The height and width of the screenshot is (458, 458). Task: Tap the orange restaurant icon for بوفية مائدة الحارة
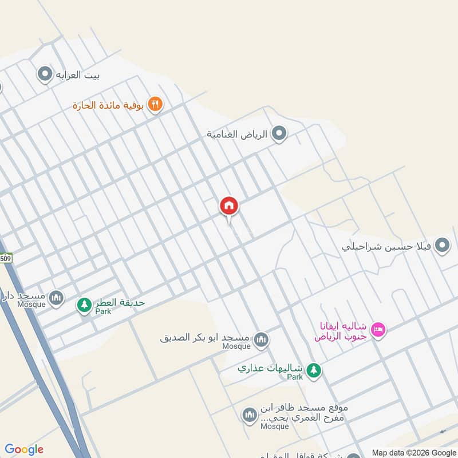[155, 105]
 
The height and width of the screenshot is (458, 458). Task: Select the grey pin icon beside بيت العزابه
[45, 74]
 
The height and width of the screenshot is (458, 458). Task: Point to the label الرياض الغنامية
[237, 135]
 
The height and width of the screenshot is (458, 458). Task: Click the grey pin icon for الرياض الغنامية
[279, 134]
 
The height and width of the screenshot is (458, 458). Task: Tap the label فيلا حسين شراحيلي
[386, 247]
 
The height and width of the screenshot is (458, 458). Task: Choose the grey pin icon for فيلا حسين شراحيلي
[441, 246]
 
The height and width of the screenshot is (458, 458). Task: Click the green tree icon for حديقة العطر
[85, 305]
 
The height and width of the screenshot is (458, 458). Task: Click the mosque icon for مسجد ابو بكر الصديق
[262, 340]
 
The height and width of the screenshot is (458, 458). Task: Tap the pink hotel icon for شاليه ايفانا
[378, 329]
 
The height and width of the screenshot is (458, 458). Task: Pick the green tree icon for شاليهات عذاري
[313, 370]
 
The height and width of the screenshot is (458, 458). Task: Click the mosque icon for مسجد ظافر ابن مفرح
[250, 416]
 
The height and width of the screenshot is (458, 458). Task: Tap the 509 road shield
[5, 258]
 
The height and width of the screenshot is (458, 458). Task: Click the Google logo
[24, 449]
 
